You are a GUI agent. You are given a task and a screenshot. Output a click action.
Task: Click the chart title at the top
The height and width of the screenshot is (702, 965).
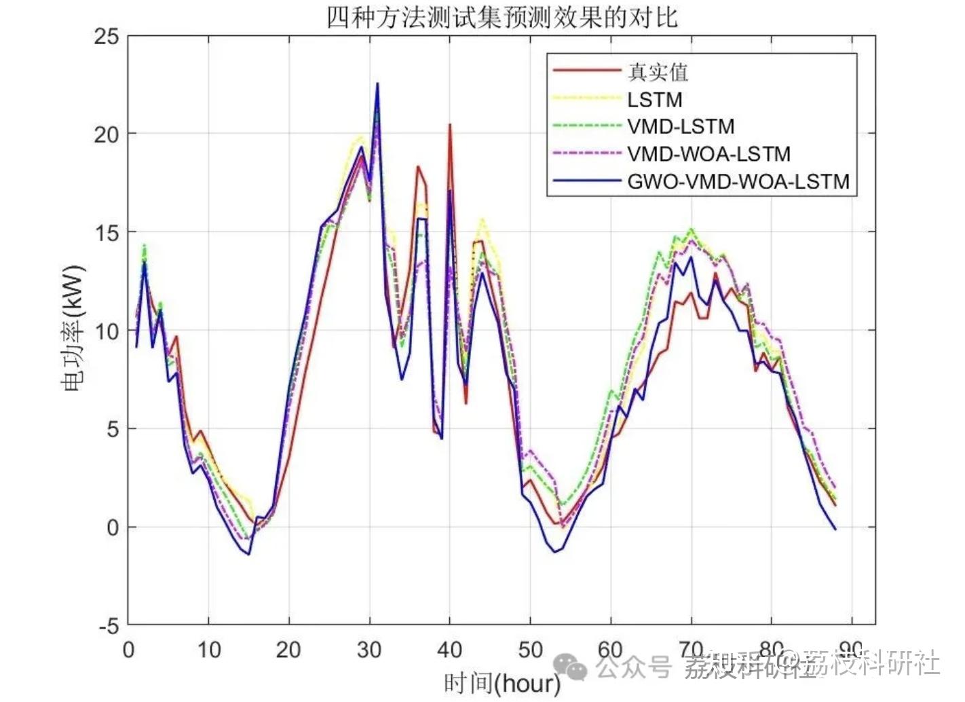(x=502, y=17)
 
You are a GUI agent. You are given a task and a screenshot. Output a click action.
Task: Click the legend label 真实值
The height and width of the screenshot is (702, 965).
(x=657, y=72)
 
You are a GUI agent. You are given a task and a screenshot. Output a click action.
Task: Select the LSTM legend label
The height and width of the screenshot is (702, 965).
(x=654, y=100)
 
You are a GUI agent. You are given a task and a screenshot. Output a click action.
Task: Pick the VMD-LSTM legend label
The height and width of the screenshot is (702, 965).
(x=680, y=127)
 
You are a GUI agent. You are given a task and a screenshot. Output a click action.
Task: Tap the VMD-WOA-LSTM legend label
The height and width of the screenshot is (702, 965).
(x=708, y=154)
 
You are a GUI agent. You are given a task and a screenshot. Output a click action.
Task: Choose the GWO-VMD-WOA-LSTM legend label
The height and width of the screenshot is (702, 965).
(x=738, y=182)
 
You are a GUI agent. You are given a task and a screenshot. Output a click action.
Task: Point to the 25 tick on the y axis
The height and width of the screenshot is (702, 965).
(x=107, y=37)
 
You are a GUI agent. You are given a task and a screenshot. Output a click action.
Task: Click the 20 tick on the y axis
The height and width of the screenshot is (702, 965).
(x=107, y=134)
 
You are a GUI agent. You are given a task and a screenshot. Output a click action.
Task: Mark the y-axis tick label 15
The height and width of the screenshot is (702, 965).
(x=107, y=233)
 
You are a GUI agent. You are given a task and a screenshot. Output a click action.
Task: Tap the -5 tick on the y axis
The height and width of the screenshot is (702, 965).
(x=107, y=626)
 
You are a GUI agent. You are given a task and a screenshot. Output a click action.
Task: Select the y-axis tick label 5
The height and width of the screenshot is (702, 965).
(x=112, y=429)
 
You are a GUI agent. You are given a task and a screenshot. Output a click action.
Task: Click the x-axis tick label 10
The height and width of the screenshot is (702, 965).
(x=208, y=650)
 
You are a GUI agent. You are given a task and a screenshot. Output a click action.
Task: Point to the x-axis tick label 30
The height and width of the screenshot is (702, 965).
(x=369, y=650)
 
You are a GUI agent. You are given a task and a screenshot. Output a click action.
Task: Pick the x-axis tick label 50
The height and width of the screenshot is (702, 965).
(x=530, y=650)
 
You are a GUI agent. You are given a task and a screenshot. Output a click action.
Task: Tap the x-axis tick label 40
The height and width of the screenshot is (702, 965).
(x=449, y=650)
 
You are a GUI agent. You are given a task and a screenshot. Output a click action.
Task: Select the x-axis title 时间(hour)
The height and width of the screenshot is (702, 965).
(x=502, y=683)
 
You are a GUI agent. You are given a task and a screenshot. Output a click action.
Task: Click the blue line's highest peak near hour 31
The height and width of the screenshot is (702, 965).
(x=377, y=84)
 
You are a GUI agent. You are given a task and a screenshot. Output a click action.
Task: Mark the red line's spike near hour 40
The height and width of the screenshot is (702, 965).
(x=449, y=125)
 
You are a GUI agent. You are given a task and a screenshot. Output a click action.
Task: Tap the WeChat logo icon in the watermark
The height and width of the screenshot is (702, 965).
(x=571, y=667)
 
